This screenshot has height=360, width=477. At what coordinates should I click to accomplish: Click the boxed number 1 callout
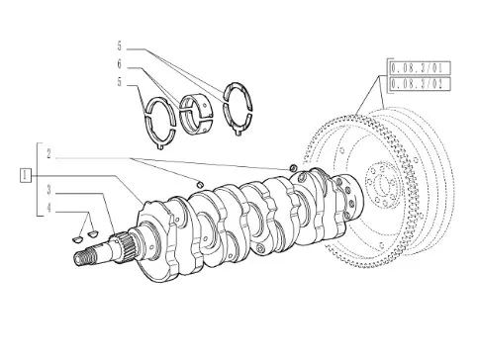point(26,175)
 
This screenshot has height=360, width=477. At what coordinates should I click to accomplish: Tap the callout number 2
point(48,154)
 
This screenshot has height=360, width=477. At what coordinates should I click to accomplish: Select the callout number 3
point(48,190)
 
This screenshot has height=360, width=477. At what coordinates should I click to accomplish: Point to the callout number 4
point(48,208)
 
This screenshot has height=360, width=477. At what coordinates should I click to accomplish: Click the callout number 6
point(120,64)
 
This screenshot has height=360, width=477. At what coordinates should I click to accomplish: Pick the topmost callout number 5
point(120,46)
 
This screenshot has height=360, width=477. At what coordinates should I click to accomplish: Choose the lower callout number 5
point(120,82)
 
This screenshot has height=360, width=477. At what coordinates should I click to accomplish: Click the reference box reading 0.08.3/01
point(420,69)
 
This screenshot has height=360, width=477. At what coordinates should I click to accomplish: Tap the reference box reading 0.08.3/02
point(420,84)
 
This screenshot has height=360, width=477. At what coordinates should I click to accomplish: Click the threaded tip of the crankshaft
point(83,257)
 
